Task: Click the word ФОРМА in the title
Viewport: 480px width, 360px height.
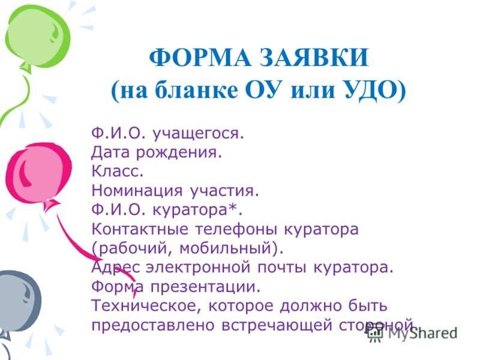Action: [x=200, y=58]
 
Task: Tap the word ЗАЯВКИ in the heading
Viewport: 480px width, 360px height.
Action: [x=314, y=58]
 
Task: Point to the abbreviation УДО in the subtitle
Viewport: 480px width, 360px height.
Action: [x=372, y=91]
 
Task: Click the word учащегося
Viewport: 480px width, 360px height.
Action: [x=198, y=134]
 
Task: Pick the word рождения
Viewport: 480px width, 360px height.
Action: [x=179, y=153]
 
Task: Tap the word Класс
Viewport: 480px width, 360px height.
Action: [x=118, y=171]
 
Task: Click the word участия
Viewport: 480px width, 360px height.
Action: [x=224, y=191]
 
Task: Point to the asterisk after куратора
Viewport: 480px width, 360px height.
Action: [x=233, y=208]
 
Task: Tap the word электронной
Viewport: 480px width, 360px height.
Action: [x=199, y=268]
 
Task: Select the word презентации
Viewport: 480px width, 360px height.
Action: [x=205, y=287]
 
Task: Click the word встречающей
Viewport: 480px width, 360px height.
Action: [x=277, y=325]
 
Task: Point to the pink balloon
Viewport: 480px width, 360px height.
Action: [x=38, y=175]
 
